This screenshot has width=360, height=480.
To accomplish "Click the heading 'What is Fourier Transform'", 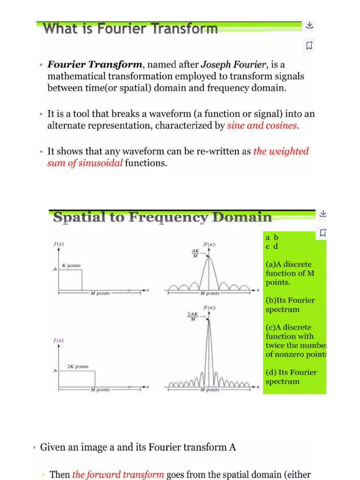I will tap(130, 29).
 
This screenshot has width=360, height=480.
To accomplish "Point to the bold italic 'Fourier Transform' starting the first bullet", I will tap(95, 64).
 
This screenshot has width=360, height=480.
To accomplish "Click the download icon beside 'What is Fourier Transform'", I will tap(309, 25).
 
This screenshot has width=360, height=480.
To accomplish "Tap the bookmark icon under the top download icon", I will tap(309, 45).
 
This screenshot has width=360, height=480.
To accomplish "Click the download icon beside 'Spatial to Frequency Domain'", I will tap(322, 214).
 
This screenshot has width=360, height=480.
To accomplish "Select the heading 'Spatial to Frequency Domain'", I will tap(162, 217).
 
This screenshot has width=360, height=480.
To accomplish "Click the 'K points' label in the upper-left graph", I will tap(71, 265).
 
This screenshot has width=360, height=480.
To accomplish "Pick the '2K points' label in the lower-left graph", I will tap(78, 367).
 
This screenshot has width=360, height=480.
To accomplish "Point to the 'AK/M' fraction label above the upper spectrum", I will tap(195, 254).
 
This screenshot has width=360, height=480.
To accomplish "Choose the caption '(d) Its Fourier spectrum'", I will tap(291, 377).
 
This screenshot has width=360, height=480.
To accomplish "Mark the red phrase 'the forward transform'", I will tap(118, 474).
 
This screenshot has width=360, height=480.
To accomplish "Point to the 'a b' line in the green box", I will tap(272, 238).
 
